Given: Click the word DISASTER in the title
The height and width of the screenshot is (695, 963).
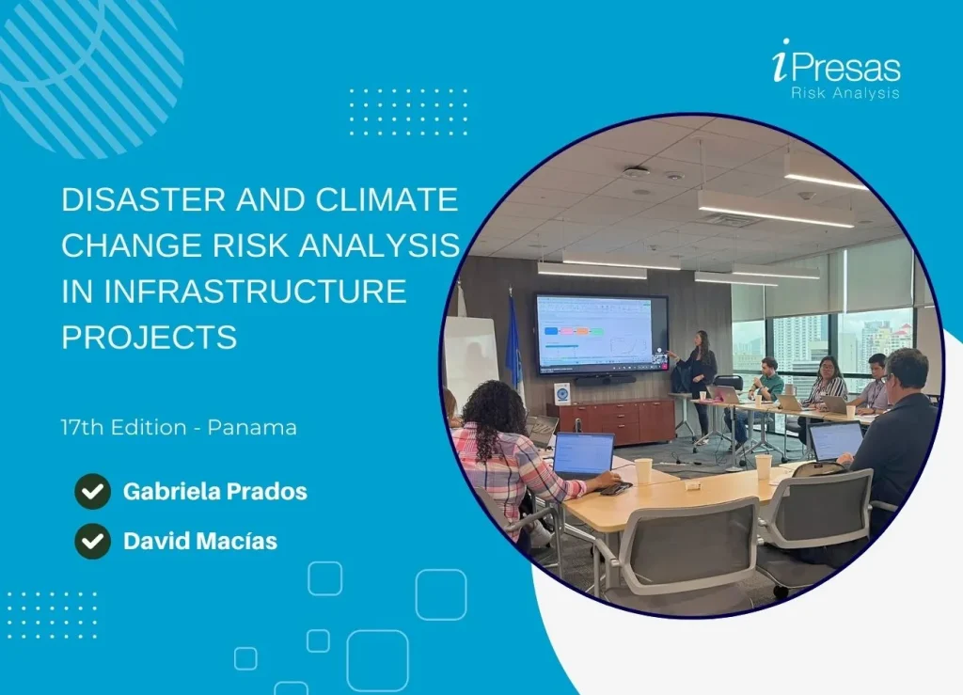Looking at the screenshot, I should (x=125, y=199).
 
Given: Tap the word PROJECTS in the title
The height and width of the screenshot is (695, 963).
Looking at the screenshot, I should (x=149, y=337).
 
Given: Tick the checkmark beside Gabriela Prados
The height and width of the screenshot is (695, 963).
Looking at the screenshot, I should (x=92, y=491).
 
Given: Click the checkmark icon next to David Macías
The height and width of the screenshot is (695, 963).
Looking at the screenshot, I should (x=92, y=541).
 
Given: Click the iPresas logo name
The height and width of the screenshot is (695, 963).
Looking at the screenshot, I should (x=835, y=68).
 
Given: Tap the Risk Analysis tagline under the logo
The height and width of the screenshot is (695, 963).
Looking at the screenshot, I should (x=845, y=93).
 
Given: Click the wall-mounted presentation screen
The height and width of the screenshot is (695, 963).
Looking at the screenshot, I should (x=601, y=333).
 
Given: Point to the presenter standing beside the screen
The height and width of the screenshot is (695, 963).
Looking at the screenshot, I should (x=700, y=376).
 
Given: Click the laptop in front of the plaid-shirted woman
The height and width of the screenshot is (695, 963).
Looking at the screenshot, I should (x=583, y=455).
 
